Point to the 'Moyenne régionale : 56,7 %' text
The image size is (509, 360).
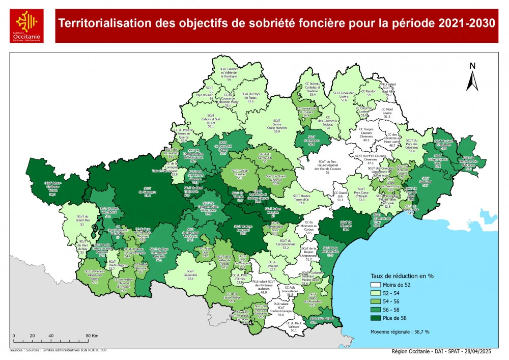tap(400, 331)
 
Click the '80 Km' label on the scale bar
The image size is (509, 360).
tap(92, 336)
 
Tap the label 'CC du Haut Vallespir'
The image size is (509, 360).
tap(294, 326)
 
